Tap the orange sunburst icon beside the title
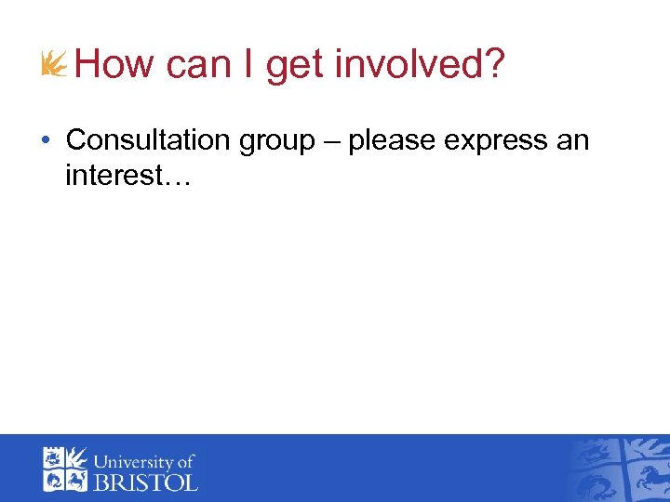pyautogui.click(x=55, y=64)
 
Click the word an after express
pyautogui.click(x=573, y=141)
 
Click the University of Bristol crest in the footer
pyautogui.click(x=64, y=469)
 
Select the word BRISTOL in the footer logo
pyautogui.click(x=144, y=482)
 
